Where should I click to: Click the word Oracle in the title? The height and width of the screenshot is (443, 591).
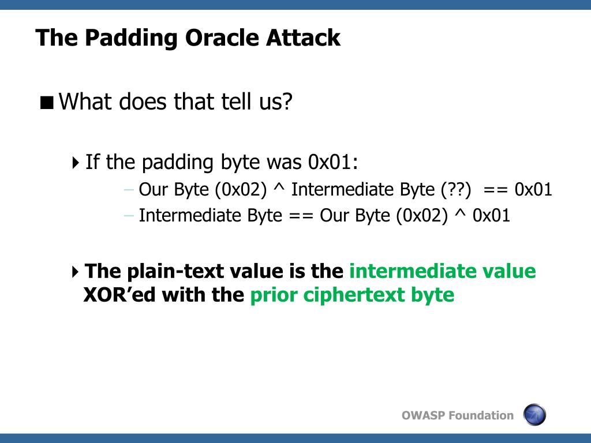pos(222,37)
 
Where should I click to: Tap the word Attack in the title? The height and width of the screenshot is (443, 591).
pos(303,37)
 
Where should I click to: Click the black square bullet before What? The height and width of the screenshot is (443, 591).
pos(47,103)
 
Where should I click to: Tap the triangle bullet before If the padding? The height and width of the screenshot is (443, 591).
pos(76,163)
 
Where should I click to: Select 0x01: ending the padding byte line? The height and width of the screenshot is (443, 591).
pos(333,162)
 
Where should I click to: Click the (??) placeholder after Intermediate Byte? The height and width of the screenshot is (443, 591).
pos(456,189)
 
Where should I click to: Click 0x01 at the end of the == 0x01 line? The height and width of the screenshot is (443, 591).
pos(533,189)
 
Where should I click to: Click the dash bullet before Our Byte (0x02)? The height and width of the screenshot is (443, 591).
pos(129,189)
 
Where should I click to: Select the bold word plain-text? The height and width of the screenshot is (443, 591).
pos(156,272)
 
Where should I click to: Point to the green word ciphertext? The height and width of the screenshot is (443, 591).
pos(354,295)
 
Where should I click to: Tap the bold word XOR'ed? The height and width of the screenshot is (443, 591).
pos(119,294)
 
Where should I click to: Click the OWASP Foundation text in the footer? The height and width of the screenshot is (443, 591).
pos(458,415)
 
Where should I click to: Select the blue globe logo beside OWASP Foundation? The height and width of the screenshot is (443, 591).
pos(534,414)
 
